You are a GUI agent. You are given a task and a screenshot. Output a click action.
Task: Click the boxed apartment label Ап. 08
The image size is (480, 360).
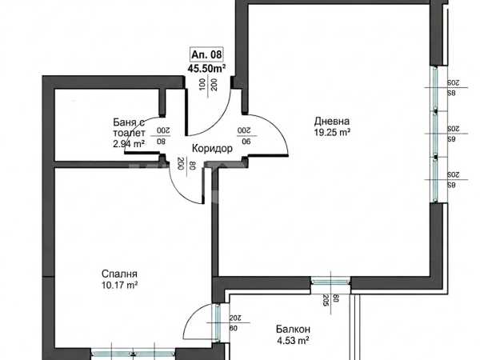coord(206,54)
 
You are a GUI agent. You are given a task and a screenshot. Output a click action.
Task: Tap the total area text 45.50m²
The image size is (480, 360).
coord(206,69)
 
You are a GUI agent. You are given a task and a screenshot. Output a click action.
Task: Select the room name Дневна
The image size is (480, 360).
coord(332,122)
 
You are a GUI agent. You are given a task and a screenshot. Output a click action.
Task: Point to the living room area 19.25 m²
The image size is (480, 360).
coord(332,133)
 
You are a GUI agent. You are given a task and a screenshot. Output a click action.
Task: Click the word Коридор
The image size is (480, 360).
coord(212,149)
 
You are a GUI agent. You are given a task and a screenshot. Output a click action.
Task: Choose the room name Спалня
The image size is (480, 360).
coord(119,274)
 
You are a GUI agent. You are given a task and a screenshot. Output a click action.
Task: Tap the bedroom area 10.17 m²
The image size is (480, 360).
coord(119,286)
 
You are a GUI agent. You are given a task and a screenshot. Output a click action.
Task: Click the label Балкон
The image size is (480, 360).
coord(293,329)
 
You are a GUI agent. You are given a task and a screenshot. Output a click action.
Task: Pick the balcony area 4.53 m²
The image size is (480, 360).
coord(293,341)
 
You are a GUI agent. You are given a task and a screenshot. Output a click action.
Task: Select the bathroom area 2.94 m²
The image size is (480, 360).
coord(129,143)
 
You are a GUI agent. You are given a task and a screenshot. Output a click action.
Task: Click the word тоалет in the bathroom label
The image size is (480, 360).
coord(129,133)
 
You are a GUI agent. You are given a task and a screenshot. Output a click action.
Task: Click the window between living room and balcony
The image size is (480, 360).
coord(330,281)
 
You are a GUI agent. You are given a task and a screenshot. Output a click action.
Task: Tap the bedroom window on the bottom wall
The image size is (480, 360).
coord(133,354)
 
